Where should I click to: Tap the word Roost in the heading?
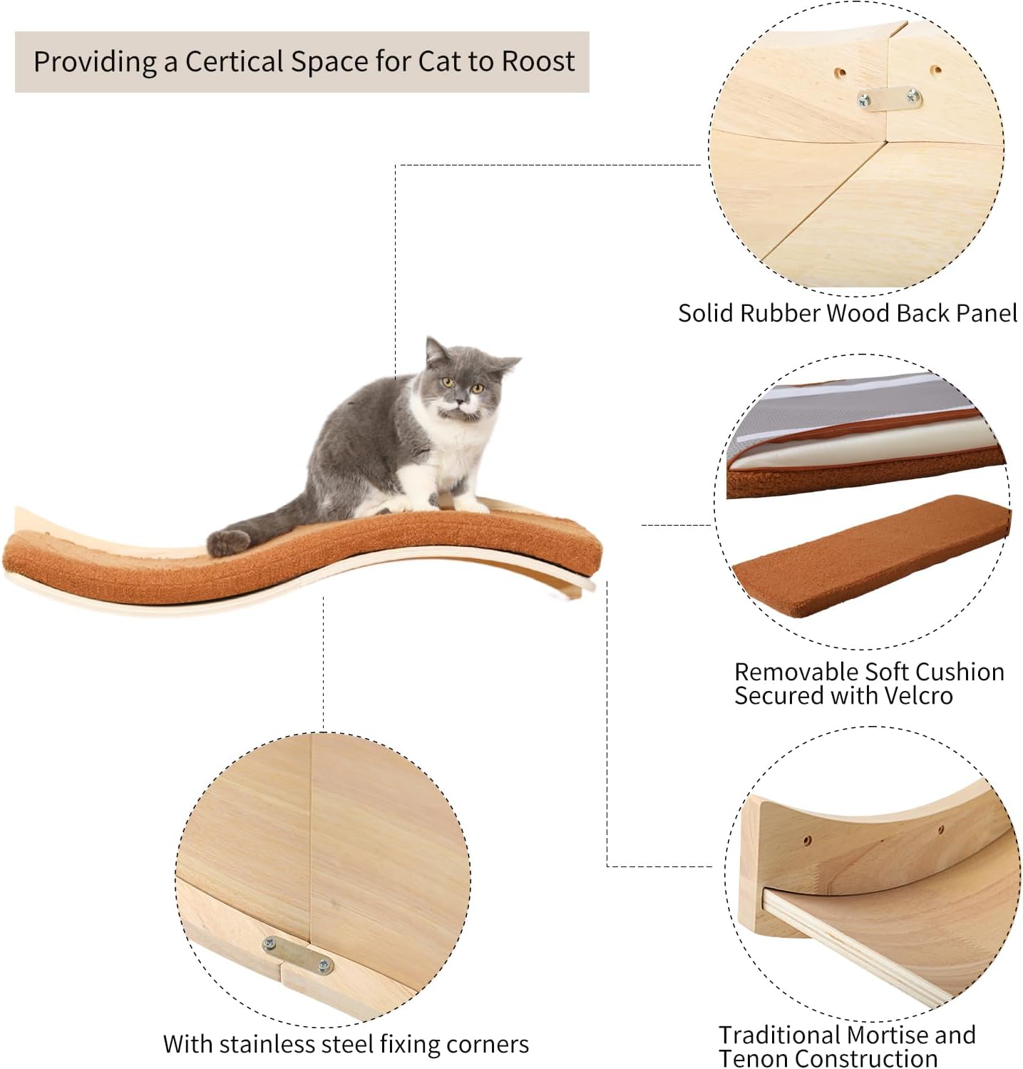coord(538,61)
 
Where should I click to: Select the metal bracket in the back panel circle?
coord(889,99)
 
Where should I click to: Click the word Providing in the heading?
coord(94,61)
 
